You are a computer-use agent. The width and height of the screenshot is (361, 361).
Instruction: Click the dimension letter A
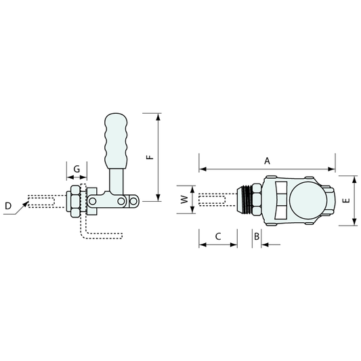[x=267, y=161]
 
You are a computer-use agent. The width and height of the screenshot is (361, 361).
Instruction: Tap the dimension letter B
[x=257, y=236]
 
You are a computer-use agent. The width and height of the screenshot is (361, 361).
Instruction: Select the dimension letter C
[x=218, y=236]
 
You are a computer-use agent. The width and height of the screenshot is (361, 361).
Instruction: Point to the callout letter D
[x=8, y=206]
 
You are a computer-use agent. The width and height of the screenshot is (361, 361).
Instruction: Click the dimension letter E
[x=346, y=200]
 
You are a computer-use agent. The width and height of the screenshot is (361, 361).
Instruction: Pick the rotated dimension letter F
[x=150, y=157]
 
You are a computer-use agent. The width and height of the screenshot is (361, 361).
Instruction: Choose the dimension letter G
[x=77, y=169]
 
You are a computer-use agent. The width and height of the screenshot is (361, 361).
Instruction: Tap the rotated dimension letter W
[x=184, y=199]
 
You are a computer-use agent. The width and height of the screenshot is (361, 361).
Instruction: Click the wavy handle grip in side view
[x=116, y=141]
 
